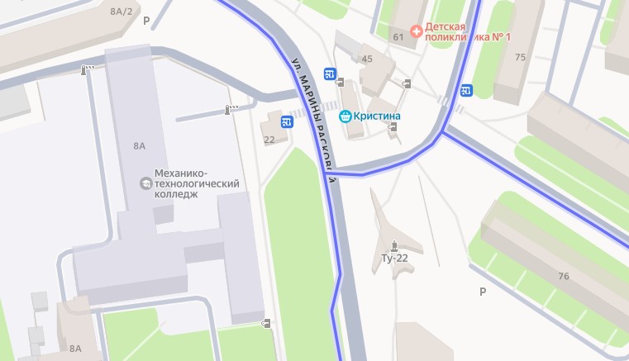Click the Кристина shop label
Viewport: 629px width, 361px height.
point(376,116)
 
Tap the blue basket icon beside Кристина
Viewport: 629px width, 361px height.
point(345,116)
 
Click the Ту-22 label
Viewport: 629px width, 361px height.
point(395,259)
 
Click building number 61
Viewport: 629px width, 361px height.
point(398,36)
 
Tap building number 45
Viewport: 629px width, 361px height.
point(367,59)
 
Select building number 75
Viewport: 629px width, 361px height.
point(520,57)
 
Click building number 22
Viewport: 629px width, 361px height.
point(269,140)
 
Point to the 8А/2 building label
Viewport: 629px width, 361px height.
point(121,11)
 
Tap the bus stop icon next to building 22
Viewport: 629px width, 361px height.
point(287,122)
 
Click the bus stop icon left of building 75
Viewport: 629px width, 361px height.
point(467,90)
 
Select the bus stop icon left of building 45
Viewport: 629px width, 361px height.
point(330,74)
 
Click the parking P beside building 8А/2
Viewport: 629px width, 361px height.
point(146,21)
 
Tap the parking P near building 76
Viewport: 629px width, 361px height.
point(483,291)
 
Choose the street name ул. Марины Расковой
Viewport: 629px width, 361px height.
point(314,116)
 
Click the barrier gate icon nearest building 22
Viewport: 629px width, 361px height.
point(231,109)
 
